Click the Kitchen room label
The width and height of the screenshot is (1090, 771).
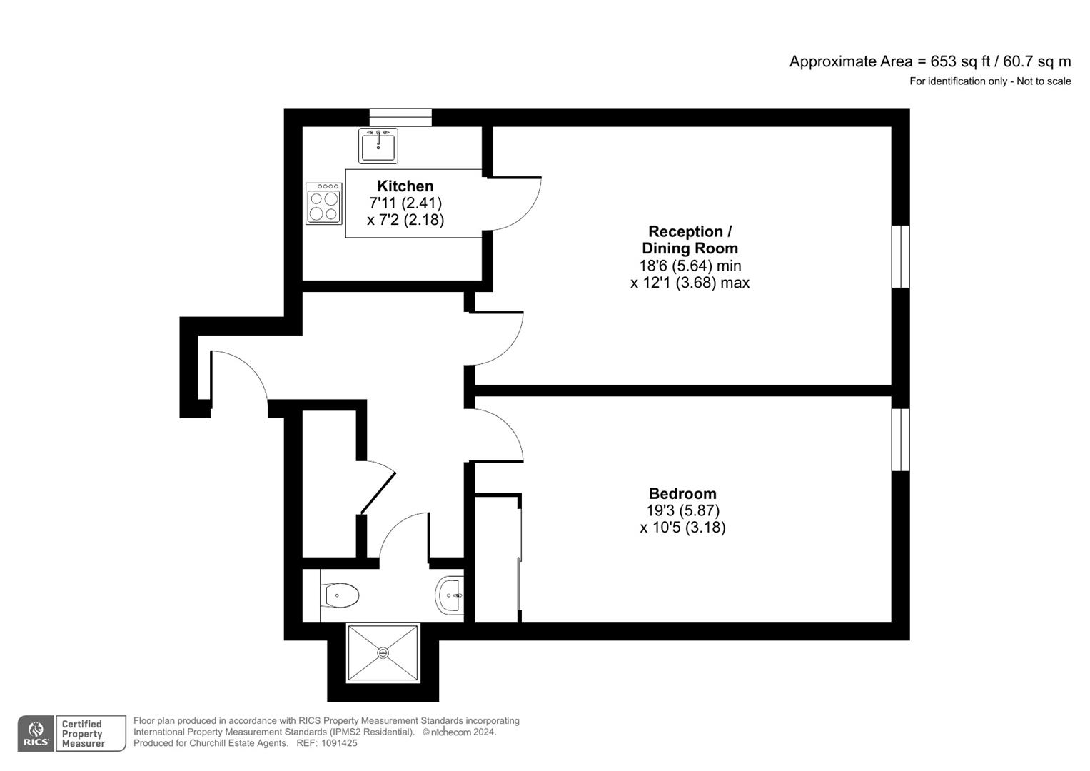[405, 186]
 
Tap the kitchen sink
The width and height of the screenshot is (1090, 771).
[378, 146]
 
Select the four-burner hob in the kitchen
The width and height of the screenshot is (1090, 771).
[323, 204]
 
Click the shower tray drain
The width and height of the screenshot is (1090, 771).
[383, 652]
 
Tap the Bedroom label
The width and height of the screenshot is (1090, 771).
[682, 493]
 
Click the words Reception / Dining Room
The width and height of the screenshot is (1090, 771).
[689, 240]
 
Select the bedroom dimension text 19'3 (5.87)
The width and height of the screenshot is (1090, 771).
[682, 510]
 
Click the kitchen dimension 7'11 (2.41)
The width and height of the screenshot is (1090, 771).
[405, 203]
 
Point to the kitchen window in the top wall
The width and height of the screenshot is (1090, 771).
[400, 117]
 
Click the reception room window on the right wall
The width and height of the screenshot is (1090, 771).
[901, 256]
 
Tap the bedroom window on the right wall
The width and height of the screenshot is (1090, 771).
[901, 440]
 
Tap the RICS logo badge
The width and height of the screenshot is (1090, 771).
[35, 733]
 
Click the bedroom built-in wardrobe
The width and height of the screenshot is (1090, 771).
[496, 558]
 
